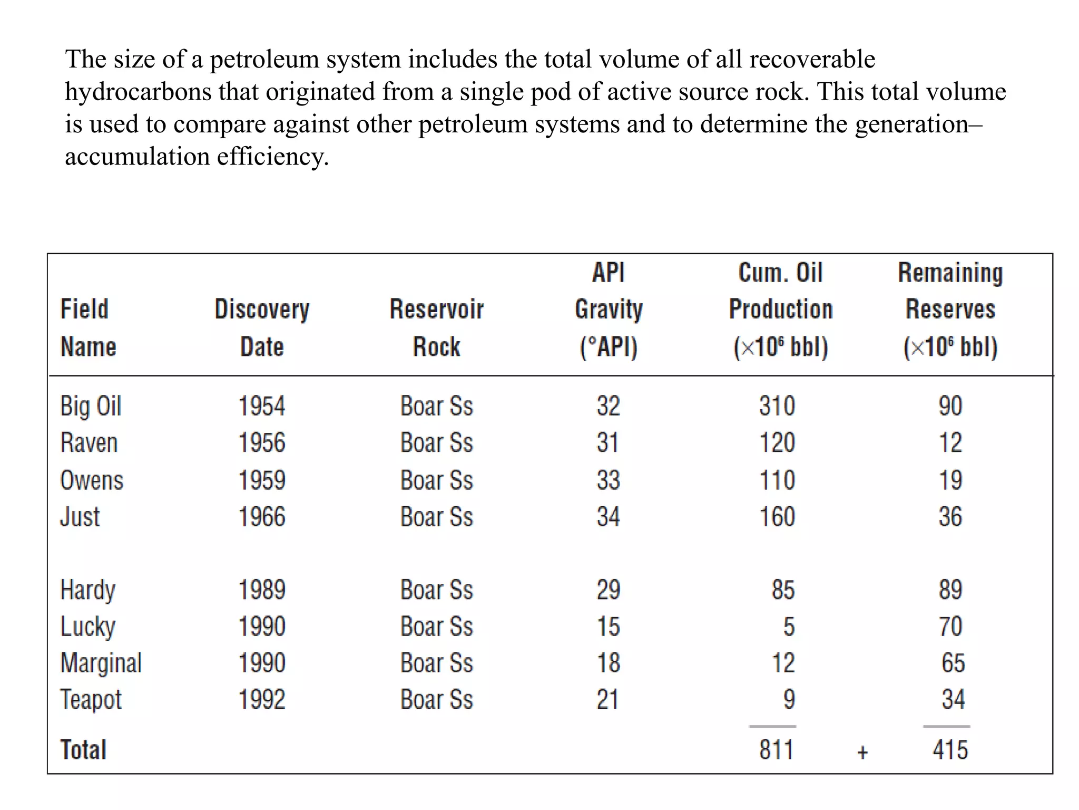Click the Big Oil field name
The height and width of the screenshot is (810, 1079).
pyautogui.click(x=91, y=407)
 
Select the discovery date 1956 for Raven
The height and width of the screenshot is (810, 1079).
pyautogui.click(x=262, y=443)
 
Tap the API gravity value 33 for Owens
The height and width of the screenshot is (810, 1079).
pyautogui.click(x=608, y=480)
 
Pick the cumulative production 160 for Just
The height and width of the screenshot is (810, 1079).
pyautogui.click(x=777, y=517)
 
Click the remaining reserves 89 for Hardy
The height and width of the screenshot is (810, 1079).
pyautogui.click(x=950, y=590)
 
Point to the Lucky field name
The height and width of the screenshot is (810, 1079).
pyautogui.click(x=87, y=627)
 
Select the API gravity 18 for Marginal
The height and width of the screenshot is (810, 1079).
pyautogui.click(x=608, y=663)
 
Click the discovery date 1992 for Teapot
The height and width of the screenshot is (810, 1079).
pyautogui.click(x=262, y=700)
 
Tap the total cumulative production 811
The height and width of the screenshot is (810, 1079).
pyautogui.click(x=776, y=750)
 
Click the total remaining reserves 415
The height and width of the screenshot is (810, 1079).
pyautogui.click(x=950, y=750)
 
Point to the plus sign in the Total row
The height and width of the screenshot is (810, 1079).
pyautogui.click(x=862, y=752)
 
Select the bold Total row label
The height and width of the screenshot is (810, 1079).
pyautogui.click(x=83, y=750)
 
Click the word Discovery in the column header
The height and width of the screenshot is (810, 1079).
pyautogui.click(x=262, y=310)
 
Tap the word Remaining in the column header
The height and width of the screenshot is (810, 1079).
pyautogui.click(x=950, y=273)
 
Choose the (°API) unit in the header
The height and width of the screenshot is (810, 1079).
pyautogui.click(x=608, y=347)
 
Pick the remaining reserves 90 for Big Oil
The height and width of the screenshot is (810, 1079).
pyautogui.click(x=950, y=407)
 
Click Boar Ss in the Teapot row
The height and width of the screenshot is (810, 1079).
pyautogui.click(x=436, y=700)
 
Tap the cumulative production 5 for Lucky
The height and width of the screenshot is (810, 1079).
pyautogui.click(x=788, y=627)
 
